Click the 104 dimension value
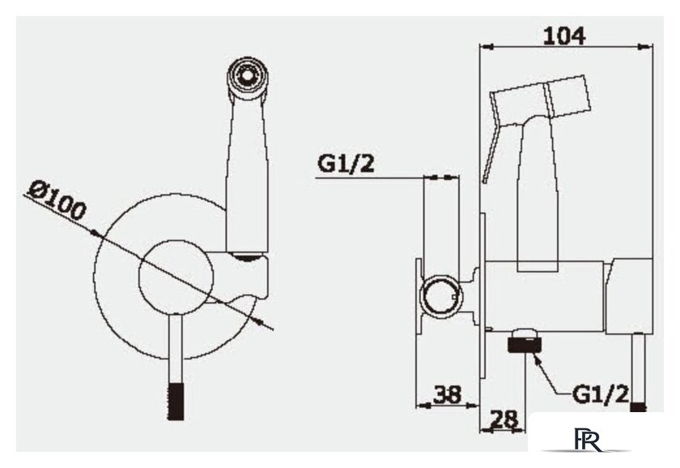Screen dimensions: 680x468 point(565,36)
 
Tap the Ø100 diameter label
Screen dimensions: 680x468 point(57,201)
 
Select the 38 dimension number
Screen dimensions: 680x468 point(447,394)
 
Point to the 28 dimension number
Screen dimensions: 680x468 point(504,419)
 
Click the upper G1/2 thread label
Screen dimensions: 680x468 point(346,164)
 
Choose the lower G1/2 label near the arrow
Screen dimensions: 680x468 point(600,394)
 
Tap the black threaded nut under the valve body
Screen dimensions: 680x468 point(524,342)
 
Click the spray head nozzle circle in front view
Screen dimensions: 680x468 point(247,76)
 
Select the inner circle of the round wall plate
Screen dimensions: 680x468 point(176,277)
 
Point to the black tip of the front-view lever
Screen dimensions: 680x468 point(176,402)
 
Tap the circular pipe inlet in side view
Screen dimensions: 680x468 point(440,296)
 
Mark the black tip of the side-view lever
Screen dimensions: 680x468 point(638,407)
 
